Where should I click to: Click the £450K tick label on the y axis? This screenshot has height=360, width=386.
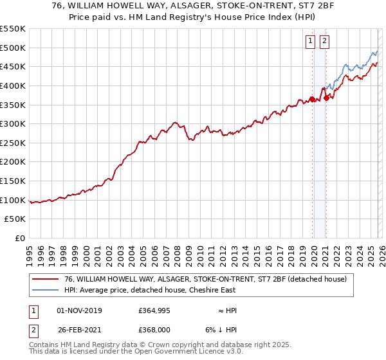click(13, 66)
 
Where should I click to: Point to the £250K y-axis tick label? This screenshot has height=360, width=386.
click(13, 143)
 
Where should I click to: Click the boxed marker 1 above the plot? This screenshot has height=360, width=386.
click(311, 41)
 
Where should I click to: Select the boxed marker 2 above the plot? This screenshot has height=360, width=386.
click(324, 41)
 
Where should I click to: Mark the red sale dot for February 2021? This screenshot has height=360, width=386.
click(326, 98)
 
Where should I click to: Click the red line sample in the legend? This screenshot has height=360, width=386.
click(46, 279)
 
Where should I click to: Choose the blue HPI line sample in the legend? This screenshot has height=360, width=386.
click(46, 290)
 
